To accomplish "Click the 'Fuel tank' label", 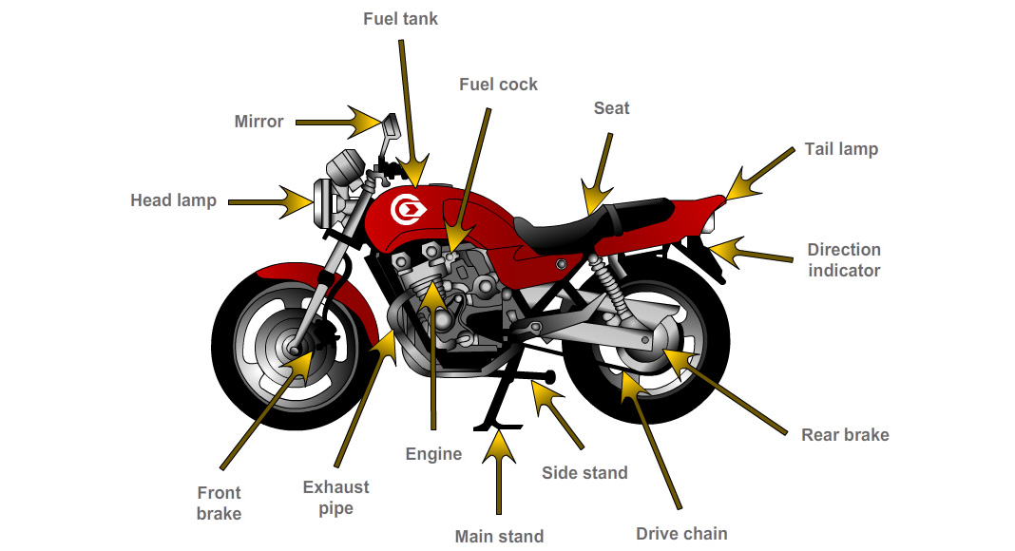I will pos(400,19).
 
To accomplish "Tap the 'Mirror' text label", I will pos(259,122).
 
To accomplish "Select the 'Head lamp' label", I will pos(173,200).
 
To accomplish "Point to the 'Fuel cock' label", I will pos(498,85).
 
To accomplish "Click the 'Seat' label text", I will pos(611,108).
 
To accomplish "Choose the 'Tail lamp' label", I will pos(841,149).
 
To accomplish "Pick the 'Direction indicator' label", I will pos(844,259).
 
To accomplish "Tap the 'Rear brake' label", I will pos(845,435).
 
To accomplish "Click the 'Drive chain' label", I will pos(681,533).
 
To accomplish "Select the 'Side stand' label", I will pos(584,472).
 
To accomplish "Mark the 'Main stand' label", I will pos(499,536).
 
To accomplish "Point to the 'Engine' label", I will pos(433,453).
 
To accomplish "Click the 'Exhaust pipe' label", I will pos(335,498).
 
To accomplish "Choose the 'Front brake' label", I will pos(219,503).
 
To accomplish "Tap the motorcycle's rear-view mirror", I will pos(390,124).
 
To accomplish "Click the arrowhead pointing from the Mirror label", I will pos(365,122).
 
